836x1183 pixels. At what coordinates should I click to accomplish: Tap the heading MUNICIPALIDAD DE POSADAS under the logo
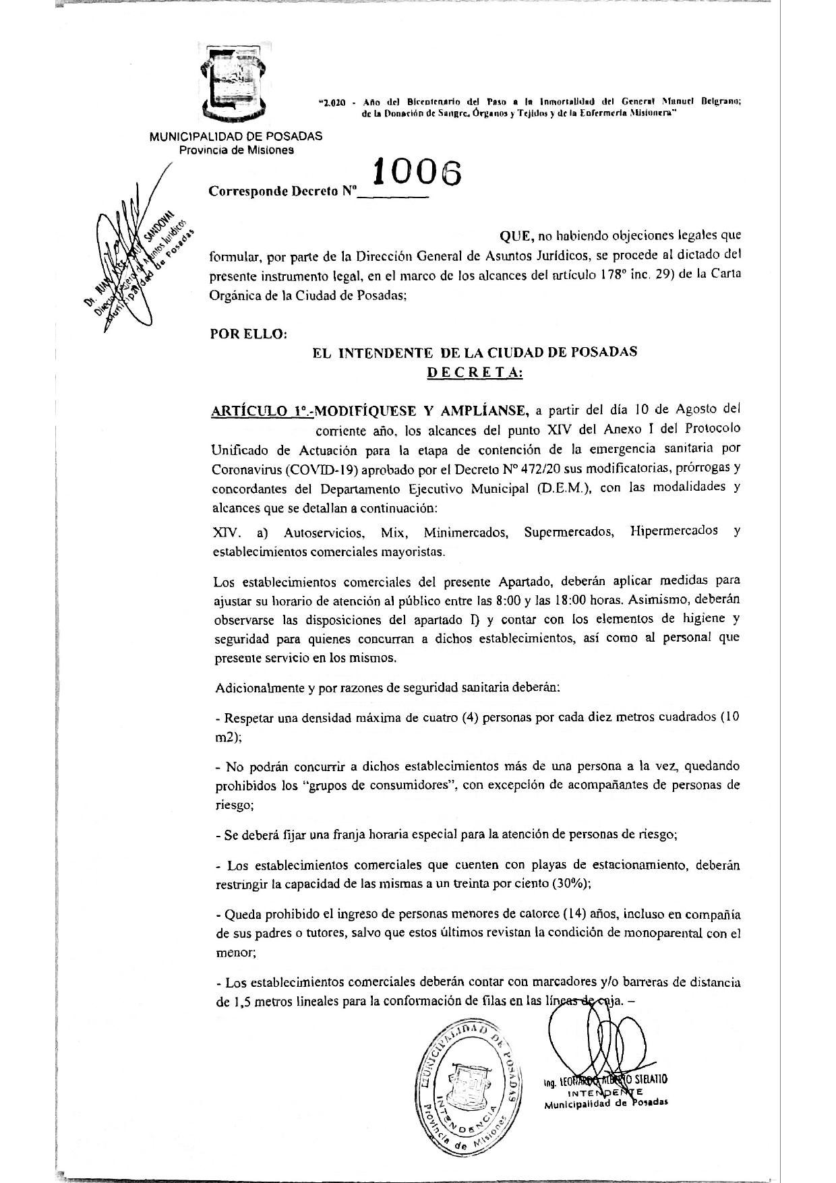coord(236,135)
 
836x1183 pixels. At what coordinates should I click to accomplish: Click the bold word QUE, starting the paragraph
coord(516,236)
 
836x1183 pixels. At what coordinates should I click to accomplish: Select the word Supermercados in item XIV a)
coord(568,533)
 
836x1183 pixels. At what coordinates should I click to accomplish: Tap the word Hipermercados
coord(674,531)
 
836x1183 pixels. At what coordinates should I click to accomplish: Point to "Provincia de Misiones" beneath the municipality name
coord(236,150)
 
